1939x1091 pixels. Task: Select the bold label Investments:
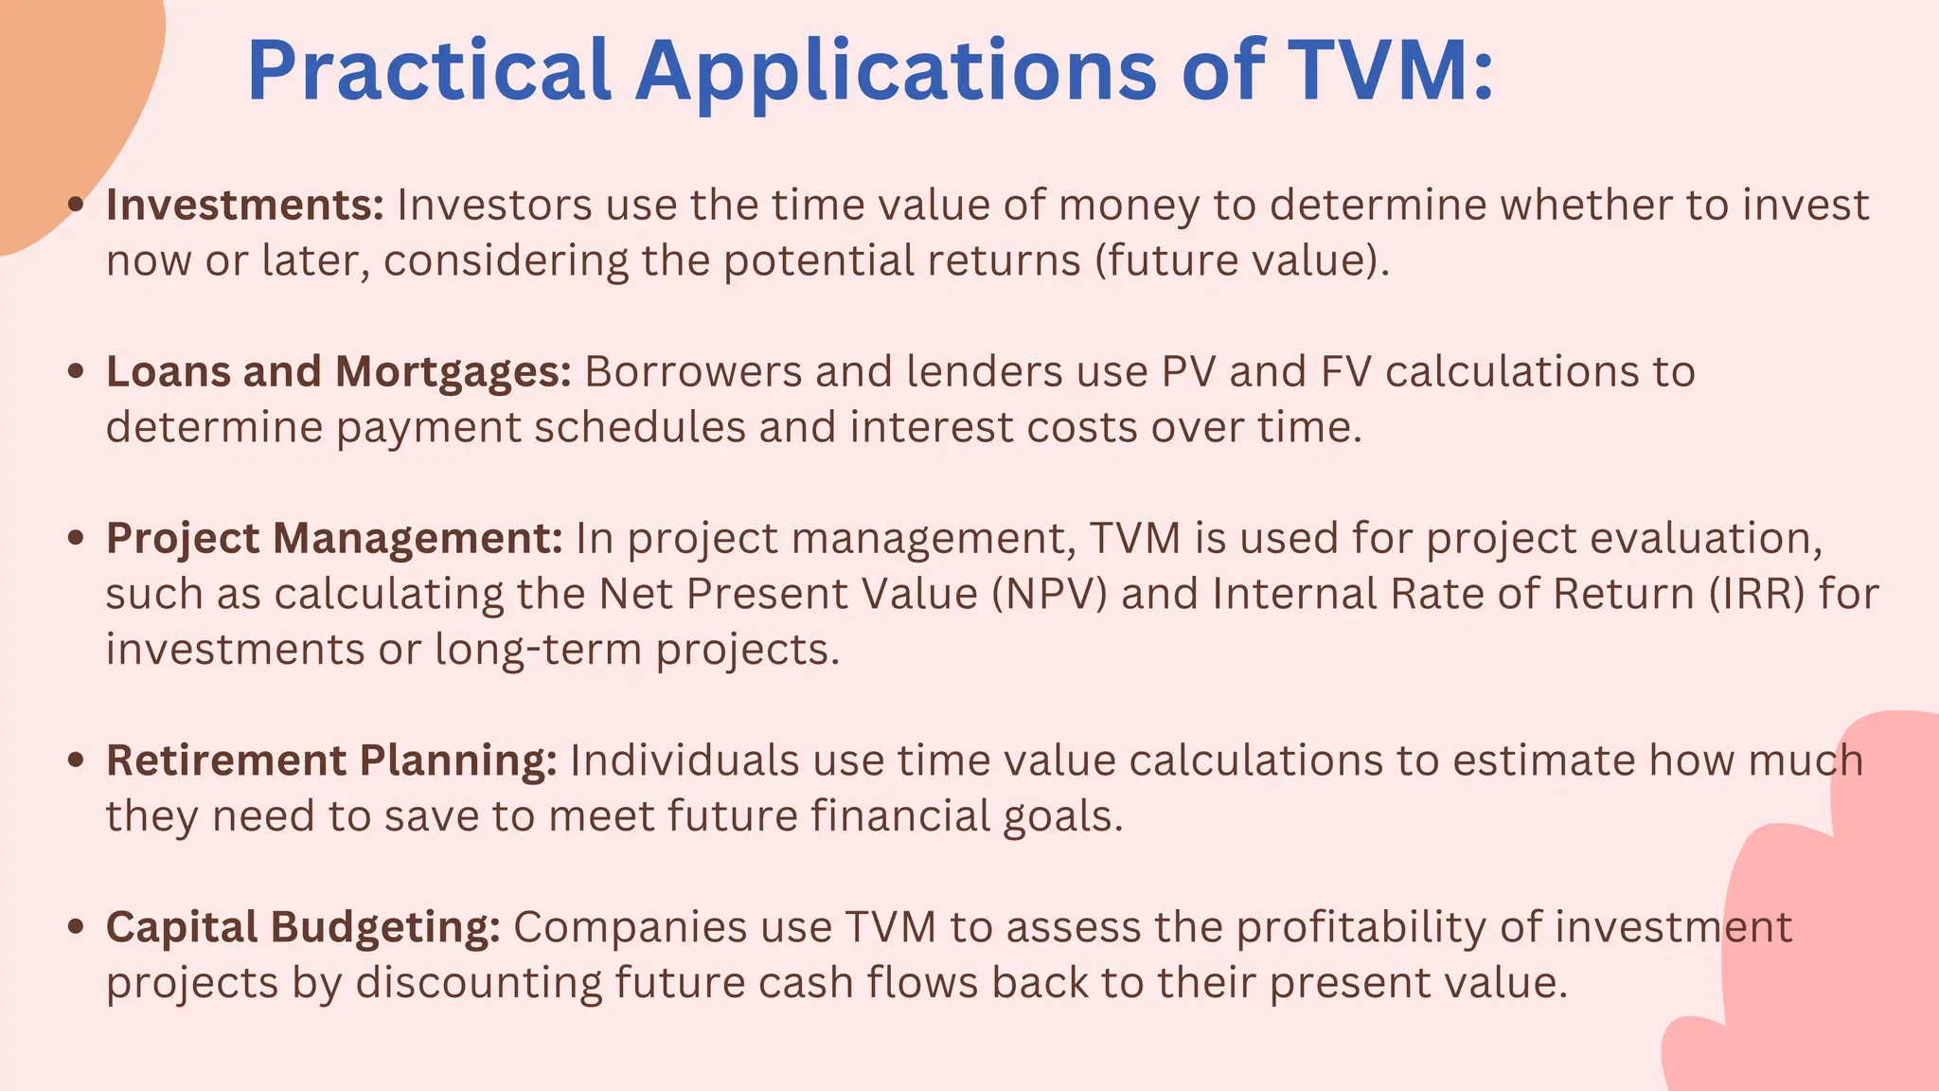pos(244,205)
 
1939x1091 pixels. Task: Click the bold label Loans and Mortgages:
pos(338,371)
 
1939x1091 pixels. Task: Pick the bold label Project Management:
pos(334,538)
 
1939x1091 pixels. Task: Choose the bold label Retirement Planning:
pos(331,760)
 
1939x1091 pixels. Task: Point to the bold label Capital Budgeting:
pos(302,927)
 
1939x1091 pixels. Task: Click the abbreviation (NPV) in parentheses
pos(1049,594)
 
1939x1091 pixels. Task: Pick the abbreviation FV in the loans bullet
pos(1343,371)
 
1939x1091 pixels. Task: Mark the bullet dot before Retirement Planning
pos(77,760)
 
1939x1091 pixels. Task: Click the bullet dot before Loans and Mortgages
pos(77,371)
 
